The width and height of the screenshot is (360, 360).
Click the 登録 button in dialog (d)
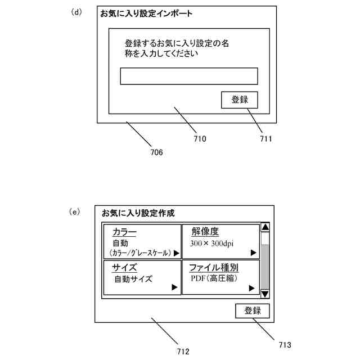(240, 100)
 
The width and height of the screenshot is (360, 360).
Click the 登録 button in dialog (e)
(253, 311)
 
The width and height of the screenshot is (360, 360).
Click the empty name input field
(189, 76)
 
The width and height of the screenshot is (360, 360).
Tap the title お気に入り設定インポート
(146, 13)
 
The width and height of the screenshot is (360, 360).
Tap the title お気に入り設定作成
(138, 213)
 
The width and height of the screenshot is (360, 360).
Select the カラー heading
(124, 232)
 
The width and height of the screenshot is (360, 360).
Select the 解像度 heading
(205, 231)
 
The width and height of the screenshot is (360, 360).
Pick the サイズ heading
(124, 267)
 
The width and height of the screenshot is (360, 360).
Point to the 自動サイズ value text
(133, 278)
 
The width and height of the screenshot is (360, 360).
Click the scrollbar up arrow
(265, 227)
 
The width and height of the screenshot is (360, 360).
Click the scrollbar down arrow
(265, 294)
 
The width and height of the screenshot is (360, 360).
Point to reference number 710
(200, 138)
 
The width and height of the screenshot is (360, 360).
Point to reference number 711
(265, 138)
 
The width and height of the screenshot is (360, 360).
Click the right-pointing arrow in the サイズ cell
(174, 287)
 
